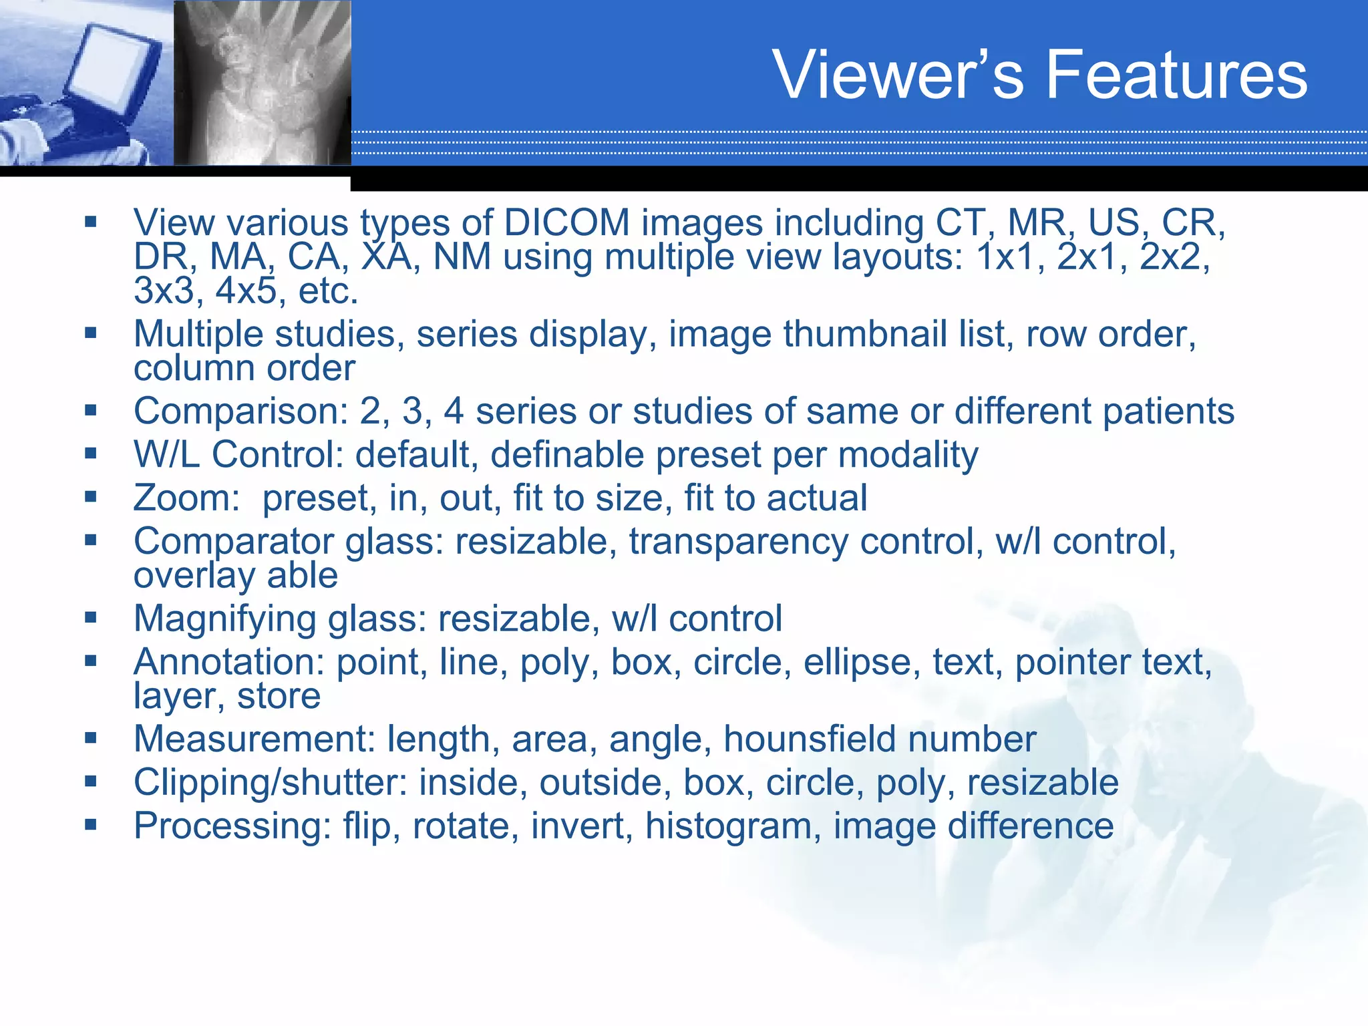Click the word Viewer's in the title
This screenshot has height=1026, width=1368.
(x=897, y=75)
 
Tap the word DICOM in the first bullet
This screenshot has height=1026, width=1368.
(x=566, y=222)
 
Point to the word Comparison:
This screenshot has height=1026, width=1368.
(x=240, y=411)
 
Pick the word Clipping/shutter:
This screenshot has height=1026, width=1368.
(x=270, y=783)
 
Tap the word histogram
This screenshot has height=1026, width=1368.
(x=733, y=826)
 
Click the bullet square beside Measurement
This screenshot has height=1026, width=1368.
(x=91, y=738)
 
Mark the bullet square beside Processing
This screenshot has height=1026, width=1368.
(x=91, y=825)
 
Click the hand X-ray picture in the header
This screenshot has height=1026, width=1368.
(x=263, y=83)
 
